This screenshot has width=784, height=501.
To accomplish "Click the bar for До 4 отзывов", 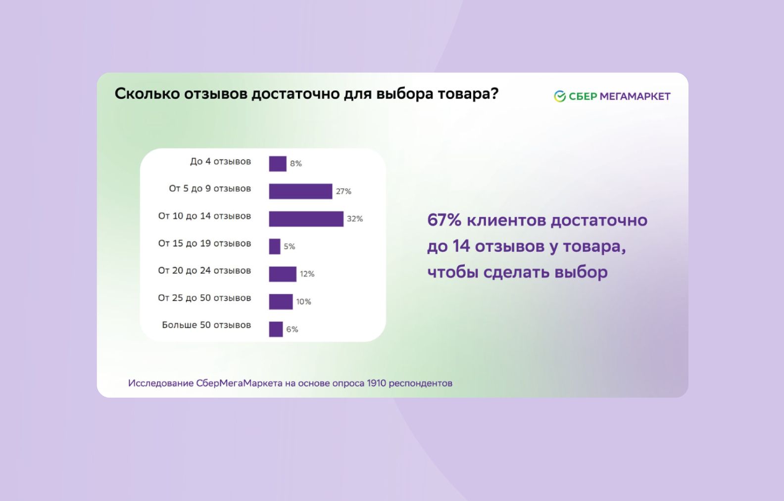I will tap(278, 164).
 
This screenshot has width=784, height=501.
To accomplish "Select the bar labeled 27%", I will tap(300, 191).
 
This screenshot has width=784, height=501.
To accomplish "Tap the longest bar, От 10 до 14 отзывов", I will tap(306, 219).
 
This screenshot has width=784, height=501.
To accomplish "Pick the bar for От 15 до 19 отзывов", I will tap(275, 246).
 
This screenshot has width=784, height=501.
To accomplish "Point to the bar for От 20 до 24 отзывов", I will tap(283, 274).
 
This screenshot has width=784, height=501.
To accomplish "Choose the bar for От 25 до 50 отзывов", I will tap(281, 302).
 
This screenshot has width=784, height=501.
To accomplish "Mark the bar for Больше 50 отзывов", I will tap(276, 329).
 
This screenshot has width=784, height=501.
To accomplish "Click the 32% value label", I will tap(355, 219).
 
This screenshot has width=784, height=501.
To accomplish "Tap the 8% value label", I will tap(296, 164).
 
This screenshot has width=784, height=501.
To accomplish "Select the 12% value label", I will tap(307, 274).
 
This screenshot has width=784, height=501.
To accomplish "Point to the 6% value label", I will tap(292, 329).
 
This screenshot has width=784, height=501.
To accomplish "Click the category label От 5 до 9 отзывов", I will tap(210, 188).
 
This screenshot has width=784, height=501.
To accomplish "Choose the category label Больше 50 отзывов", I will tap(206, 325).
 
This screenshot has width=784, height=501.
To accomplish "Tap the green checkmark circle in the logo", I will tap(560, 96).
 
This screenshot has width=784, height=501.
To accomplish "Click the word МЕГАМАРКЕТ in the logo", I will tap(635, 96).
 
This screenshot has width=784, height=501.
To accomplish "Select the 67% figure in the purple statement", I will tap(444, 220).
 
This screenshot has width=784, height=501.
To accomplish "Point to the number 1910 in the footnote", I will tap(376, 383).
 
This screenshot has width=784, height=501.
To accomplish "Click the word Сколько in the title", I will tap(147, 93).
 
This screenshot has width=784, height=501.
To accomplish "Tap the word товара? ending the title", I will tap(468, 93).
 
